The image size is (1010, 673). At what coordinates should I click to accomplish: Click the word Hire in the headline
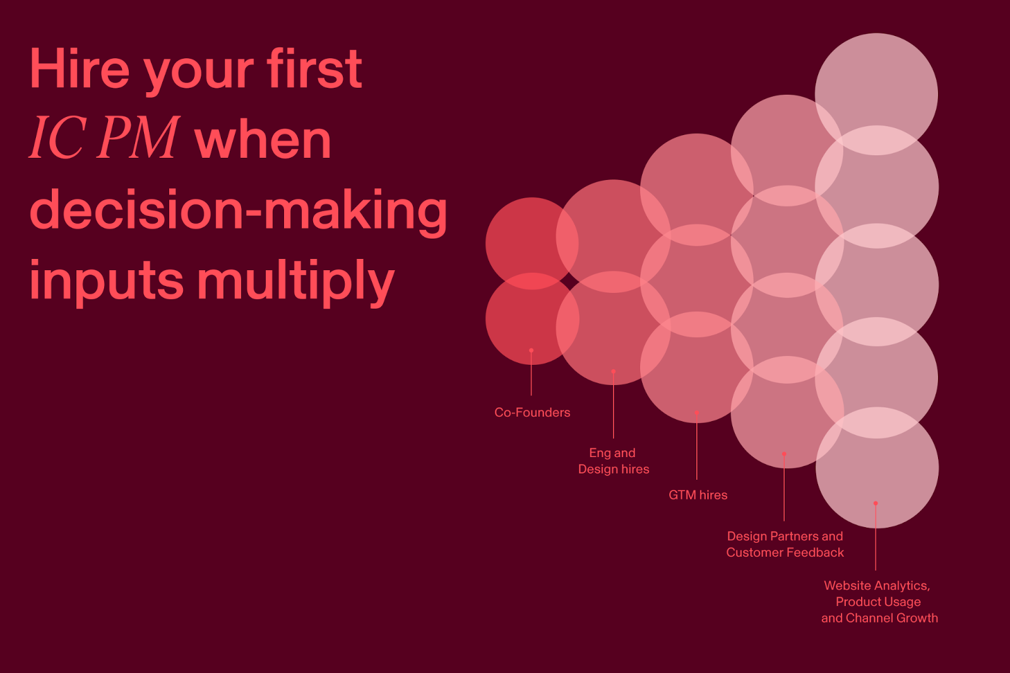pyautogui.click(x=80, y=69)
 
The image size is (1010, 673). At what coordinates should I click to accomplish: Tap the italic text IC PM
pyautogui.click(x=104, y=138)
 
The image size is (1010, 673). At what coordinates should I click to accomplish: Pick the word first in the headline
pyautogui.click(x=315, y=69)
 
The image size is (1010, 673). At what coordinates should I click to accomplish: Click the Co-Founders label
pyautogui.click(x=532, y=412)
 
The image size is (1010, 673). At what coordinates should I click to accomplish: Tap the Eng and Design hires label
pyautogui.click(x=614, y=461)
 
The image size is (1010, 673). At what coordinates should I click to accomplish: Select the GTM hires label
pyautogui.click(x=698, y=495)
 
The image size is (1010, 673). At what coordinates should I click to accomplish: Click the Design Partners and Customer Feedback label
pyautogui.click(x=785, y=544)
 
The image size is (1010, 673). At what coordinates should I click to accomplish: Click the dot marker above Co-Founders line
pyautogui.click(x=531, y=350)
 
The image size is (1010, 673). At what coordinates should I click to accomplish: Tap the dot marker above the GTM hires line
pyautogui.click(x=697, y=413)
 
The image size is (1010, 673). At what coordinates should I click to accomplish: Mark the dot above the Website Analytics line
pyautogui.click(x=876, y=503)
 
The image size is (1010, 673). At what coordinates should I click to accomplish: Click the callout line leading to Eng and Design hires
pyautogui.click(x=613, y=405)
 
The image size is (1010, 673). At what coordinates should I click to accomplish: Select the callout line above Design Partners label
pyautogui.click(x=784, y=487)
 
